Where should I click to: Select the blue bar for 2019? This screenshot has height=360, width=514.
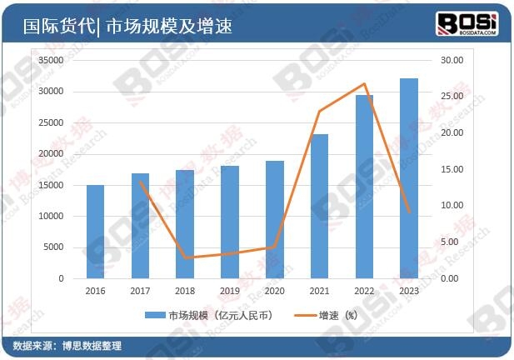coord(230,222)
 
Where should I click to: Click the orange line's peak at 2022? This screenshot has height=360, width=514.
coord(364,84)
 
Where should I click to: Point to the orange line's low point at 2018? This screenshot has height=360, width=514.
coord(185,257)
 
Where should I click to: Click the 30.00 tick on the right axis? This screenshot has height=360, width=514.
coord(452,60)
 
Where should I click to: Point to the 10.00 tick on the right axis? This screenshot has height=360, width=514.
coord(452,206)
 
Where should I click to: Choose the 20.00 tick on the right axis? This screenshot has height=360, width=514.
coord(452,133)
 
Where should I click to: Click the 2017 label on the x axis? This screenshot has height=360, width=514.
coord(140,291)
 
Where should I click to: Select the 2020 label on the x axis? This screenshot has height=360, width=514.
coord(274,291)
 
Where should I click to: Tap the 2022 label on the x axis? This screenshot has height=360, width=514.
coord(364,291)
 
